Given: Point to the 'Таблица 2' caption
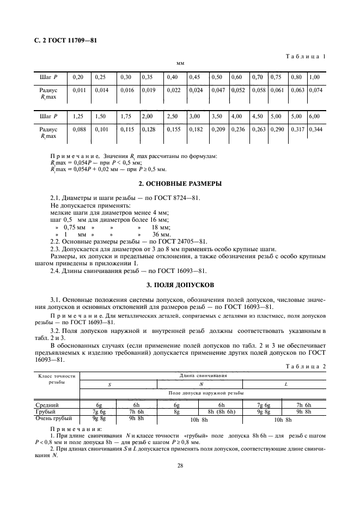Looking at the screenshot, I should point(306,366).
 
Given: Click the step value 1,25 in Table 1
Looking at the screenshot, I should point(78,117).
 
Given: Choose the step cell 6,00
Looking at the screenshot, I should point(315,117).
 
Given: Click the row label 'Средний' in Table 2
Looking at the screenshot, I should point(47,405).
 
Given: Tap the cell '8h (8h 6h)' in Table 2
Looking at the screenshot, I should point(222,412).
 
